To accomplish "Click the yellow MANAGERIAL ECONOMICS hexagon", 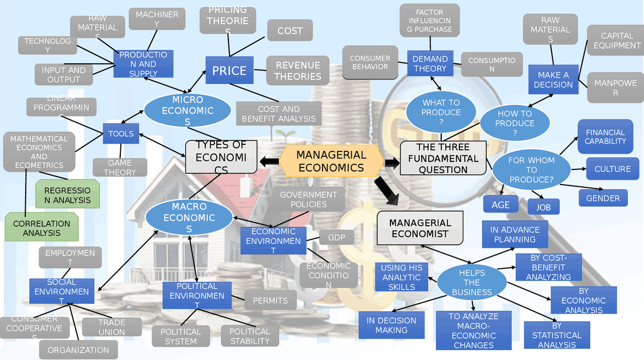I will coord(331,161).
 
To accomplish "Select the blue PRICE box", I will coord(229,70).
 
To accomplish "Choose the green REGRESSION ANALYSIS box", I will coord(67,195).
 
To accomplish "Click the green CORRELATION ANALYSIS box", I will coord(42,228).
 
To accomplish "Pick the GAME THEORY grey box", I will coord(120,167).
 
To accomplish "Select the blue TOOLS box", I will coord(121,134).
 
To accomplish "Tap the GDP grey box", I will coord(337,237).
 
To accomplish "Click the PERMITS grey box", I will coord(270,301).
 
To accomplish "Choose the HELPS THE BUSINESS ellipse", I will coord(472,283).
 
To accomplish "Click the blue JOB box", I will coord(543,207).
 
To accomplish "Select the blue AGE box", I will coord(501,205).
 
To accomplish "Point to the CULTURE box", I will coord(612,169).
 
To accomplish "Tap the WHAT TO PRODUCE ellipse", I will coord(441,112).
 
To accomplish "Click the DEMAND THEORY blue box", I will coord(430,64).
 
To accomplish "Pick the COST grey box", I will coord(290,31).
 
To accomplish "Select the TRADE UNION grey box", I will coord(112,327).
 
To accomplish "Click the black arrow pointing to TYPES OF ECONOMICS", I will coord(269,161).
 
